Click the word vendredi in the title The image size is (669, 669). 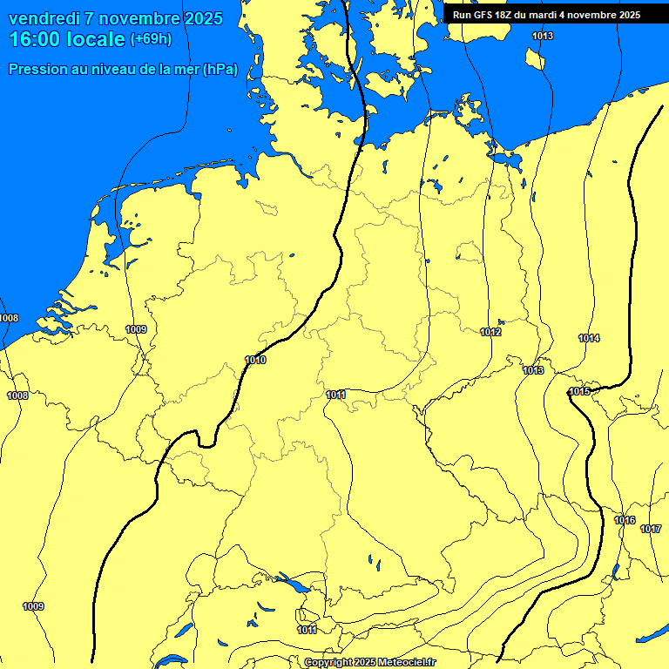[44, 18]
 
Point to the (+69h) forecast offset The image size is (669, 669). [152, 39]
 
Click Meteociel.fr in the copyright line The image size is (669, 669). [406, 663]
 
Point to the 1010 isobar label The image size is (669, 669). [255, 360]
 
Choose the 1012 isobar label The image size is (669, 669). [490, 332]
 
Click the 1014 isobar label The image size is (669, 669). [589, 338]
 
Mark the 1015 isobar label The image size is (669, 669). [580, 391]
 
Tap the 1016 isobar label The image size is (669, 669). [625, 520]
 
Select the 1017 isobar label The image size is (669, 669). [651, 529]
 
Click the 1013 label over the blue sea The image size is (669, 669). [542, 36]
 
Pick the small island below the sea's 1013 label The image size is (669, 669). [536, 58]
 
